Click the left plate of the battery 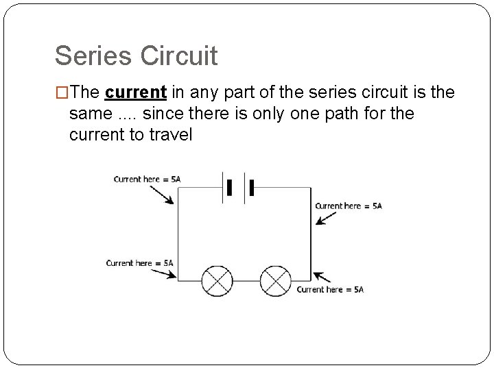click(x=229, y=187)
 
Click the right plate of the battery click(x=252, y=187)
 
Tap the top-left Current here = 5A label click(x=147, y=180)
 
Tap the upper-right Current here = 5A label click(x=348, y=206)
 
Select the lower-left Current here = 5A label click(x=139, y=263)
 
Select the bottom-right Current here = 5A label click(x=330, y=290)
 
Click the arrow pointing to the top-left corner click(x=163, y=194)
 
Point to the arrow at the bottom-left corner click(x=165, y=274)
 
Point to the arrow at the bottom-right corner click(x=322, y=277)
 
